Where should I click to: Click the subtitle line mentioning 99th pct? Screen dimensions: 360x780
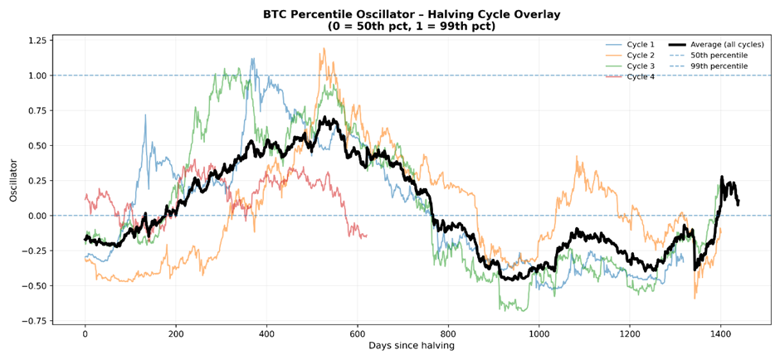(x=412, y=26)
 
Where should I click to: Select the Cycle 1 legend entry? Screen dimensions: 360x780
(x=641, y=44)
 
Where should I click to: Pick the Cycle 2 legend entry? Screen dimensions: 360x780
(x=641, y=55)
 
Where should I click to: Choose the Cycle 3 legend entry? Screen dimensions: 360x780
(x=641, y=66)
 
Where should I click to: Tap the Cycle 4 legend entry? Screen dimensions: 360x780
(x=641, y=76)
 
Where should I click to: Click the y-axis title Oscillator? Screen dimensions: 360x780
(x=13, y=181)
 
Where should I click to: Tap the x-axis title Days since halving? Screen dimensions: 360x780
(x=412, y=346)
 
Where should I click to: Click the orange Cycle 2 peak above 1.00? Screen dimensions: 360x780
(x=323, y=49)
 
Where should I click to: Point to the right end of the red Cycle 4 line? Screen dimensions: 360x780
(x=366, y=236)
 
